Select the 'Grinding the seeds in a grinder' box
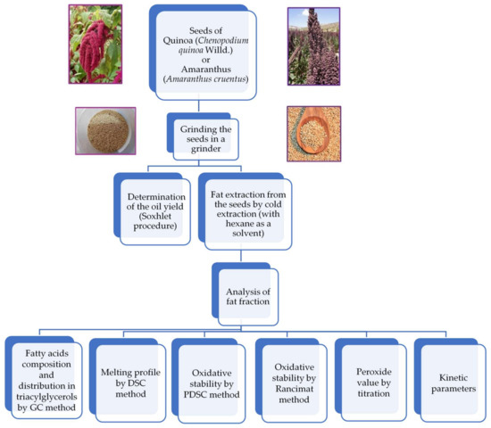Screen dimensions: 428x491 (x=209, y=139)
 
